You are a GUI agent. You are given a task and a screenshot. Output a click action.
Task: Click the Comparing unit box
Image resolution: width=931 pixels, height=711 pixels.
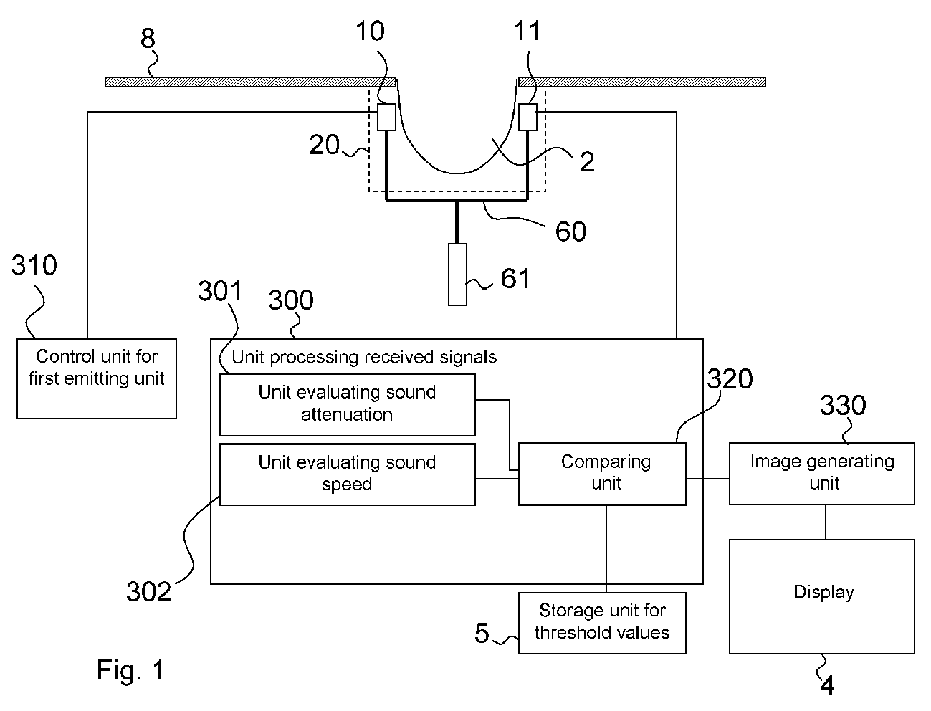tap(602, 474)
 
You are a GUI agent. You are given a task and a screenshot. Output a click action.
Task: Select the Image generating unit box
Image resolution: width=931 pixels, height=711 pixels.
tap(821, 474)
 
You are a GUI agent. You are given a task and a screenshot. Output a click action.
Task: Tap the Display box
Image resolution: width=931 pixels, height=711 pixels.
tap(821, 596)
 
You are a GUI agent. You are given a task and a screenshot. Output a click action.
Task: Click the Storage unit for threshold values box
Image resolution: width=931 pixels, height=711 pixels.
tap(602, 623)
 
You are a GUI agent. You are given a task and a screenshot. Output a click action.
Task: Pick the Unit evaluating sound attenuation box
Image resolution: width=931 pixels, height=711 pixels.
tap(347, 404)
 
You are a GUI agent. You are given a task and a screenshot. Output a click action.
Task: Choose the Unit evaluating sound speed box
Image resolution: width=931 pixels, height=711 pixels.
tap(347, 474)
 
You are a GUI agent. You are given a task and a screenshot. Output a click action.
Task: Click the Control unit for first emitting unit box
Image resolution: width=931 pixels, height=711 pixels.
tap(97, 378)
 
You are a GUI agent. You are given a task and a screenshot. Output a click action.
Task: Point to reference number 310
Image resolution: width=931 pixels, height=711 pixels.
tap(34, 265)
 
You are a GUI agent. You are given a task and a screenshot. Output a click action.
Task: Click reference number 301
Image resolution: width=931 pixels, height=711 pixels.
tap(220, 291)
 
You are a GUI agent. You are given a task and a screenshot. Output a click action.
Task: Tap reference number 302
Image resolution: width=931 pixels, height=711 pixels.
tap(148, 591)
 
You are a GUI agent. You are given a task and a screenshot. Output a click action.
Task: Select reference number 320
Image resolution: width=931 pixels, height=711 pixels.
tap(730, 378)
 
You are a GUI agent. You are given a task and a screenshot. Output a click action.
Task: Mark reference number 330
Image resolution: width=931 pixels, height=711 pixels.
tap(843, 405)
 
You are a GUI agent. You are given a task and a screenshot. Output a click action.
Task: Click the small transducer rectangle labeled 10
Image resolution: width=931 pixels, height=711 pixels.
tap(386, 117)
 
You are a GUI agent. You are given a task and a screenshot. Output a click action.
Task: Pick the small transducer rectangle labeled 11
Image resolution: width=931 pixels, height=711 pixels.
tap(527, 117)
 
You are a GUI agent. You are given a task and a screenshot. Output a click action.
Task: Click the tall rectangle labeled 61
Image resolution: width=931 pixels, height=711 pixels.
tap(457, 275)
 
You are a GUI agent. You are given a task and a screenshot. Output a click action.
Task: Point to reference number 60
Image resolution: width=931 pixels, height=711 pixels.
tap(570, 232)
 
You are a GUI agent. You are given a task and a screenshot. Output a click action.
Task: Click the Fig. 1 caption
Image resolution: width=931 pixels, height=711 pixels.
tap(130, 670)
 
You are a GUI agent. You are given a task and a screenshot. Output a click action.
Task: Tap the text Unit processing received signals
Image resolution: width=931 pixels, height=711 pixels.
tap(364, 357)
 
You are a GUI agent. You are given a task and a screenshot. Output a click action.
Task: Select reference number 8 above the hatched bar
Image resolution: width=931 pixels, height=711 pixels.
tap(148, 38)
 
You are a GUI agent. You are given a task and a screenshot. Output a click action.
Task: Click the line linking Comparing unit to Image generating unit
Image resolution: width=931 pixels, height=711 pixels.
tap(707, 479)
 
